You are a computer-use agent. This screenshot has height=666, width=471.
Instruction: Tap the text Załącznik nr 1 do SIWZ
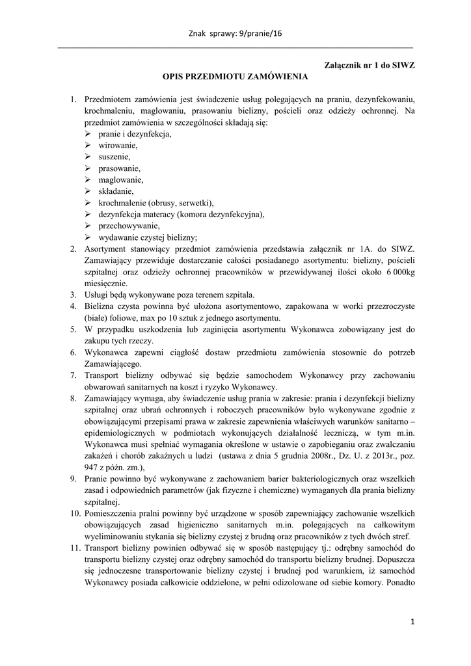(369, 65)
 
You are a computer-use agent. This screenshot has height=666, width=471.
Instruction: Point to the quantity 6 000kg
(396, 272)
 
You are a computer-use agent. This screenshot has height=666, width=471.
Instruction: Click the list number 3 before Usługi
(74, 295)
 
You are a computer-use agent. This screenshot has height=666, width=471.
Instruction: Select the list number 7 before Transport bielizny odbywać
(74, 375)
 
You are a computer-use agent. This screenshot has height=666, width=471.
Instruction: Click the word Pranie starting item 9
(98, 478)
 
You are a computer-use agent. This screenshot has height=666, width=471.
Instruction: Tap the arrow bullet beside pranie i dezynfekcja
(88, 134)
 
